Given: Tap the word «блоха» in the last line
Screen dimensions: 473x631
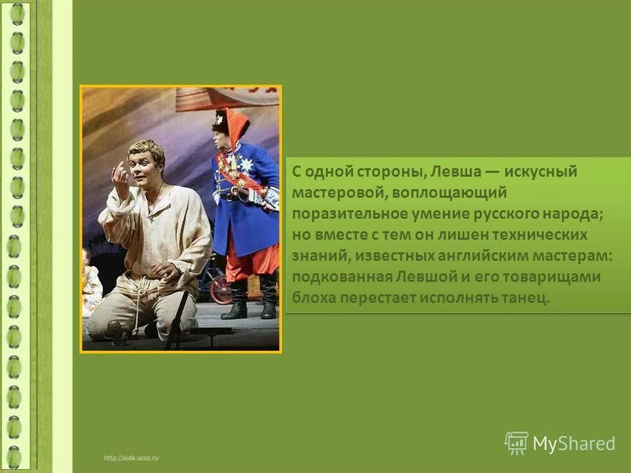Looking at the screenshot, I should tap(313, 298).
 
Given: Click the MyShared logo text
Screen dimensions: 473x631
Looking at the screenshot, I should tap(574, 444).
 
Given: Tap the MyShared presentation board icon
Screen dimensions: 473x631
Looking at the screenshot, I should tap(517, 443).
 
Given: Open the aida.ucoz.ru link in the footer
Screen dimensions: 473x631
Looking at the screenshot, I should tap(131, 457).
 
